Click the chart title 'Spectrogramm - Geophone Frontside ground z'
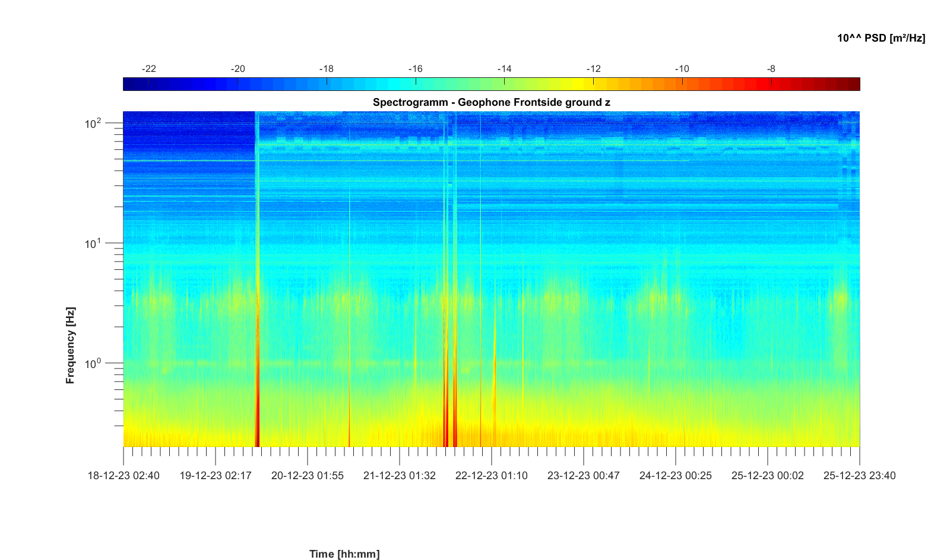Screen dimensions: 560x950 (491, 102)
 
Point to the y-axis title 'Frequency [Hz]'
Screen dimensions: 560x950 (71, 345)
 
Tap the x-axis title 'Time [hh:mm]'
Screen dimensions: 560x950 (344, 554)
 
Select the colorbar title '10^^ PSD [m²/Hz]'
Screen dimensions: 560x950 (881, 38)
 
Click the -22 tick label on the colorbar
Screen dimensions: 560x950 (148, 69)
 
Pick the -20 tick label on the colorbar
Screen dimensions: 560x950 (237, 69)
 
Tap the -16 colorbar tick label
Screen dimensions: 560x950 (415, 69)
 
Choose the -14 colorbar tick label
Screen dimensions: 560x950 (504, 69)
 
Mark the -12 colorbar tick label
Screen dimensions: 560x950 (593, 69)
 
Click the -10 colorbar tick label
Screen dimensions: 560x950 (682, 69)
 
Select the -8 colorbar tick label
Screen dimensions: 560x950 (771, 69)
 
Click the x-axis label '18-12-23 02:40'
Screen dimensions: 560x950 (123, 476)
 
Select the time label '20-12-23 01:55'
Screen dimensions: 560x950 (308, 476)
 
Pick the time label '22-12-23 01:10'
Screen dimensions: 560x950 (492, 476)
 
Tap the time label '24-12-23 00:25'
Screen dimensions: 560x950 (676, 476)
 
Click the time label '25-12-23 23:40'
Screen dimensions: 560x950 (859, 476)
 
